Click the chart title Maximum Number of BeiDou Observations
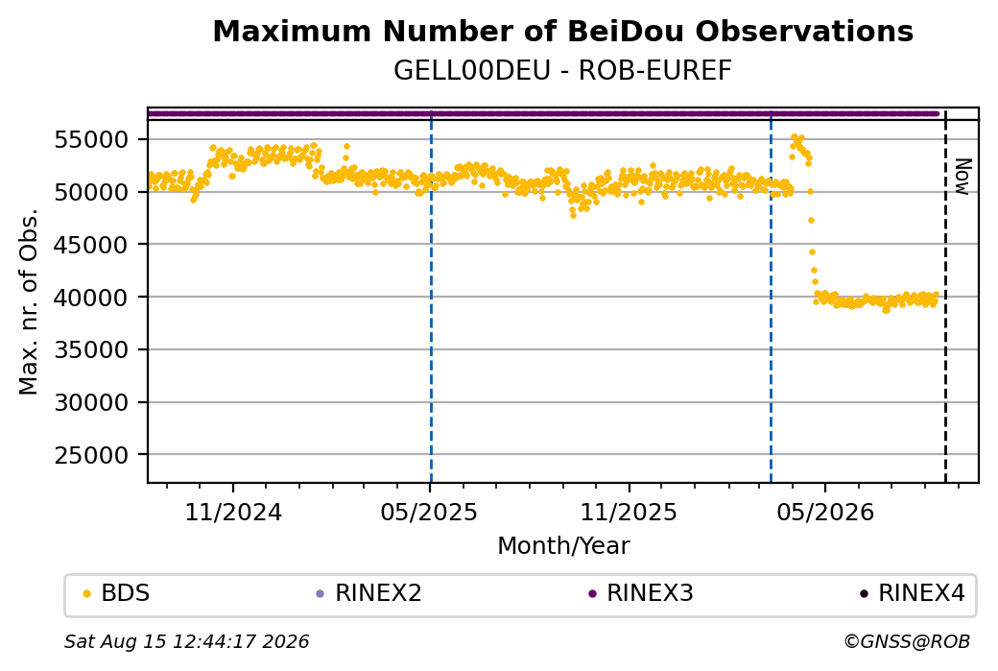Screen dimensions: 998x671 tap(562, 31)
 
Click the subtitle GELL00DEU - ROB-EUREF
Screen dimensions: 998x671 tap(562, 70)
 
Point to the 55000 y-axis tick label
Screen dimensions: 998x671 tap(91, 139)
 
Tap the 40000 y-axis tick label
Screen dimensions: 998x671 tap(91, 297)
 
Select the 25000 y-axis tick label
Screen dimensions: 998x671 tap(91, 455)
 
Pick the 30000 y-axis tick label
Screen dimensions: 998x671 tap(91, 402)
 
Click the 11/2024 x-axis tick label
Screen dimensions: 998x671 tap(233, 512)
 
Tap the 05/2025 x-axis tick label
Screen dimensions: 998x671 tap(430, 512)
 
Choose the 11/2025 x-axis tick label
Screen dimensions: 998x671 tap(629, 512)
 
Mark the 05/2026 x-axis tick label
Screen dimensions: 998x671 tap(825, 512)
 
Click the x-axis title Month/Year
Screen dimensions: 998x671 tap(563, 545)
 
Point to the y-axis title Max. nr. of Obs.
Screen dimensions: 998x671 tap(29, 301)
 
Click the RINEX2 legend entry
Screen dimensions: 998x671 tap(369, 593)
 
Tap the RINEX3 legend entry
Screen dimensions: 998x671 tap(641, 593)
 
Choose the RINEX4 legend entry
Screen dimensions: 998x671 tap(913, 593)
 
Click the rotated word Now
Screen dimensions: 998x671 tap(963, 177)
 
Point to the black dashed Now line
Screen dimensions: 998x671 tap(945, 296)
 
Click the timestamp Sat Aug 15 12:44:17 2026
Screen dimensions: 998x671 tap(186, 641)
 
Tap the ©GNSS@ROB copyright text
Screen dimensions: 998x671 tap(907, 641)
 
